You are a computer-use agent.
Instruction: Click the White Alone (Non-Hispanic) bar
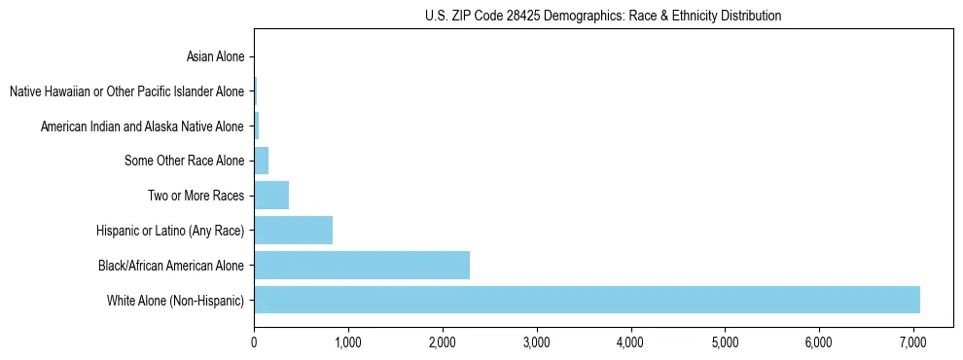tap(587, 300)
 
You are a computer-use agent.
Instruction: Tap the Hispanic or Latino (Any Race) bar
tap(293, 230)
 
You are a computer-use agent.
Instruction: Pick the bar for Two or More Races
tap(271, 196)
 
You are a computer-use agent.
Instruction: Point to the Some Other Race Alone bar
tap(261, 161)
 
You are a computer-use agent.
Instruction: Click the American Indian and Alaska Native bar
tap(256, 126)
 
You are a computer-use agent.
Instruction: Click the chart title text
tap(603, 16)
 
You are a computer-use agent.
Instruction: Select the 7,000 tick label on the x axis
tap(913, 342)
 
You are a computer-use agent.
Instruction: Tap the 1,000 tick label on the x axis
tap(347, 342)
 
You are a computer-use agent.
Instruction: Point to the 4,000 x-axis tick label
tap(630, 342)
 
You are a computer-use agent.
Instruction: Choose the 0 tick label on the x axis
tap(254, 342)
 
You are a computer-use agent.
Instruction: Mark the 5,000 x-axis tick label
tap(725, 342)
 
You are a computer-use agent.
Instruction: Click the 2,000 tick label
tap(442, 342)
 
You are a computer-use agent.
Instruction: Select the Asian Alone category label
tap(215, 57)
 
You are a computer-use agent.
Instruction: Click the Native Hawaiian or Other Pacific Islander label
tap(126, 91)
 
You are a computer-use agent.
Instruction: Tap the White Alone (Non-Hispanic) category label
tap(176, 300)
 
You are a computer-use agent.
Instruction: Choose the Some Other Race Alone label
tap(185, 161)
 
